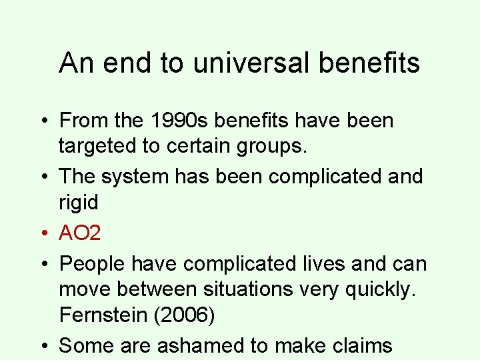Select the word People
93,264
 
